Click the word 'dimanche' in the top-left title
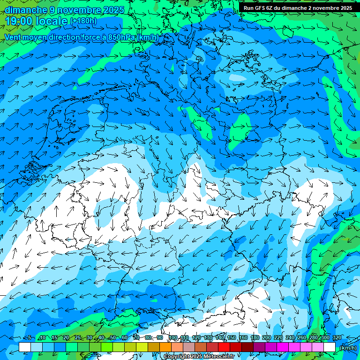26,10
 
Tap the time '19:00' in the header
18,21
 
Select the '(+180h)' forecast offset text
84,21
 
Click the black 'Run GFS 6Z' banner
298,7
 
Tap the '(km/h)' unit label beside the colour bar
348,348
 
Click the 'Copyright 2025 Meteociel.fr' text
199,357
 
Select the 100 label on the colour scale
173,338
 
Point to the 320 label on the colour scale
337,338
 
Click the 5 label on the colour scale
30,338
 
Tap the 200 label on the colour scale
267,338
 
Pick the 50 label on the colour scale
113,338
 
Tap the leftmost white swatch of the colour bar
25,347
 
